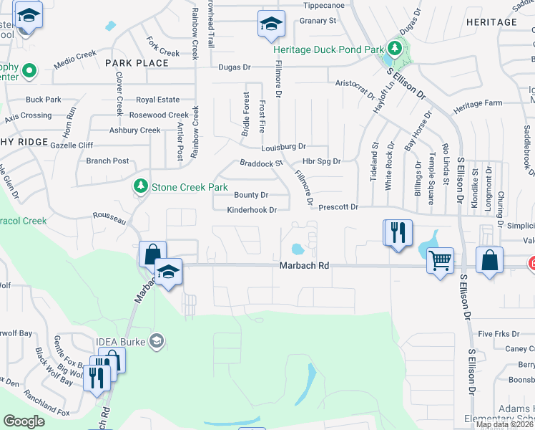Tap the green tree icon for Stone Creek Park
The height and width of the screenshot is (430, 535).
tap(140, 186)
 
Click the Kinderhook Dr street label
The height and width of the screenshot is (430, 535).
tap(251, 210)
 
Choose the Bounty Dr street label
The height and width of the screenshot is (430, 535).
tap(251, 195)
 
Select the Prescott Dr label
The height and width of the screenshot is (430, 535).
tap(339, 206)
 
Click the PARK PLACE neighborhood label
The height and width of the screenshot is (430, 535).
tap(137, 63)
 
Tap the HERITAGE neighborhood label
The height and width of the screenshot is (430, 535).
tap(491, 22)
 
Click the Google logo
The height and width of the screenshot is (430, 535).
tap(24, 421)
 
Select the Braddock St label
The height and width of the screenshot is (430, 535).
tap(261, 163)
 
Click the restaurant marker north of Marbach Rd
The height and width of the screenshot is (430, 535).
tap(398, 232)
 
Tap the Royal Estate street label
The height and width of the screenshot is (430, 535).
tap(158, 100)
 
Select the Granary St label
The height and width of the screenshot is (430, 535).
tap(318, 21)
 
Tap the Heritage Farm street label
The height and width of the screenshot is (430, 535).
tap(478, 104)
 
